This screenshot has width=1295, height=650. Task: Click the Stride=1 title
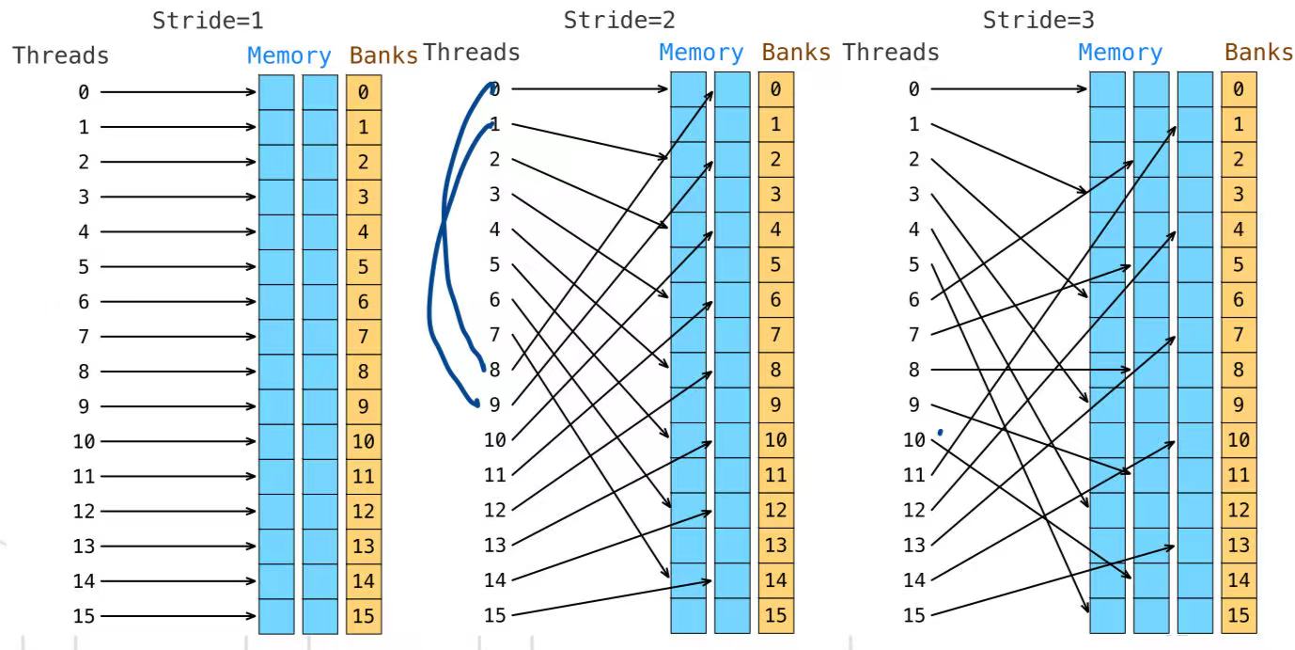[208, 21]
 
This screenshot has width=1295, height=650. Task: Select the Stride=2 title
[619, 20]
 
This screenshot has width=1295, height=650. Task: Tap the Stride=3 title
[1038, 20]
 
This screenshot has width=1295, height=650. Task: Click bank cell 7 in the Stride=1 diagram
[364, 337]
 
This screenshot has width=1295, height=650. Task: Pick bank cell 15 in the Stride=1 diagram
[364, 617]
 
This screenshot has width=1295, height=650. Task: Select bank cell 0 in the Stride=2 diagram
[775, 89]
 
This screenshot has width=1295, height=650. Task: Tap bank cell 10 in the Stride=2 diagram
[775, 440]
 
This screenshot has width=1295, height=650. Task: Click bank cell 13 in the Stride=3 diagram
[1239, 546]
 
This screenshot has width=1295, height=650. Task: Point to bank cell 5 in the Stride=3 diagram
[1239, 265]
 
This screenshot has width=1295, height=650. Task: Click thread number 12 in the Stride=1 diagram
[85, 512]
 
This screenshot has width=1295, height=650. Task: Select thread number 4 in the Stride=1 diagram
[84, 231]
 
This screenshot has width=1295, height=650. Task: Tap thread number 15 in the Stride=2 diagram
[495, 616]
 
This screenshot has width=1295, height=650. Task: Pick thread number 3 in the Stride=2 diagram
[494, 195]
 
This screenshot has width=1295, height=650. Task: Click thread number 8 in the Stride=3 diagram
[913, 371]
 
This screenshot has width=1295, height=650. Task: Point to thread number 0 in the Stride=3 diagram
[913, 89]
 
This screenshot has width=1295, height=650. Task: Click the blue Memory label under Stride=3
[1120, 54]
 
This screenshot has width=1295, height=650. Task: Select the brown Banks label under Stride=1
[383, 55]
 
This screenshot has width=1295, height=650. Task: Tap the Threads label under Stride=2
[472, 53]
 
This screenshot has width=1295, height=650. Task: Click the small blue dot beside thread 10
[940, 433]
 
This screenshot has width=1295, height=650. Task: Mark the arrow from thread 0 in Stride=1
[179, 92]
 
